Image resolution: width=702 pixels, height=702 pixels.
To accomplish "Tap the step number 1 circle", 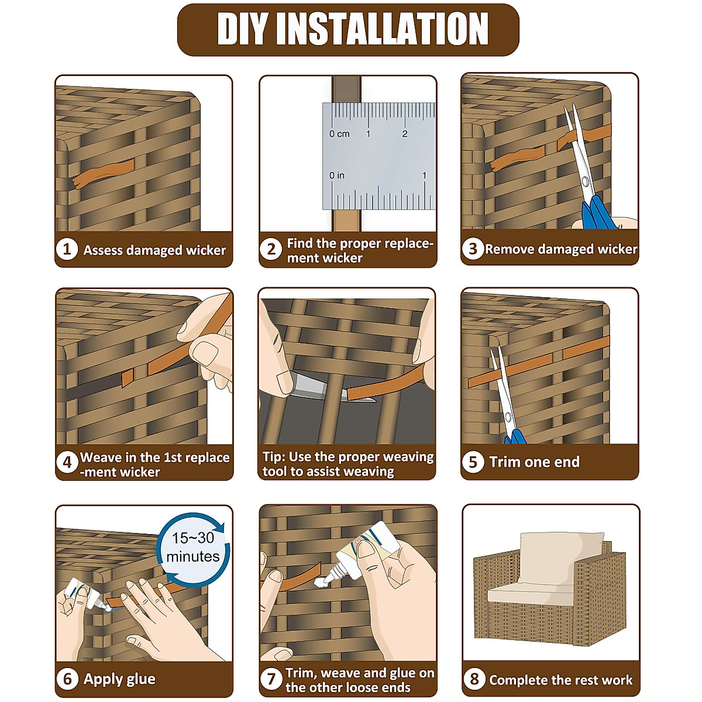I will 67,249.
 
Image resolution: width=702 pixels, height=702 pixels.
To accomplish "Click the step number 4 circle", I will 67,463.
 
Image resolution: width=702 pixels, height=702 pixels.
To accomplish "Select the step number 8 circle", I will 474,679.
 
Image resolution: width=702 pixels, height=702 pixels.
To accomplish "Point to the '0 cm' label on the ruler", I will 339,134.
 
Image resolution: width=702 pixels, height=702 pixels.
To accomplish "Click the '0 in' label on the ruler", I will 336,175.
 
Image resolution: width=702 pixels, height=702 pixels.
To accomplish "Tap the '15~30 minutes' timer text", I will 193,547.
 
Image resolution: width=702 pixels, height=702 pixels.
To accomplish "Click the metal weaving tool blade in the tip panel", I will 310,386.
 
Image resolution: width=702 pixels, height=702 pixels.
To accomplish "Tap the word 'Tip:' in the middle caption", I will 274,457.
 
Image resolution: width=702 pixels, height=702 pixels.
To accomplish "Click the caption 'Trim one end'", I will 534,462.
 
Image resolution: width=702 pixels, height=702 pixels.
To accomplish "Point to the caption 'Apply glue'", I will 119,679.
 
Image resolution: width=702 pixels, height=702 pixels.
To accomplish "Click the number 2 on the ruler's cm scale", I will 405,134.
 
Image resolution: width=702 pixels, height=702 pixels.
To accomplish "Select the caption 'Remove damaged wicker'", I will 560,249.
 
